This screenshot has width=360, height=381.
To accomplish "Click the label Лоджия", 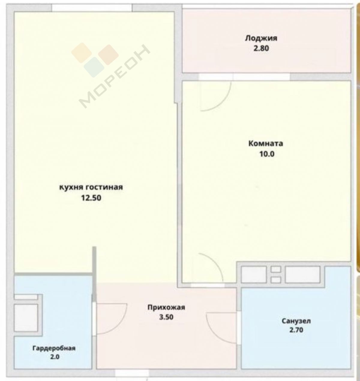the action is point(261,38).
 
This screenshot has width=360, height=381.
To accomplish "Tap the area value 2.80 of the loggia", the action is point(261,48).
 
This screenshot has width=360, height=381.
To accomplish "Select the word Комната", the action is point(266,144).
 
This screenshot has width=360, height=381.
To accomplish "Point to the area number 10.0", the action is point(267,154).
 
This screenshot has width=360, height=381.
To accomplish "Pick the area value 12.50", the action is point(91,198).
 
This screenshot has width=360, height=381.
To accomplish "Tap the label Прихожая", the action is point(166,307).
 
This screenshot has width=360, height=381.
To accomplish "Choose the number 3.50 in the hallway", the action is point(166,317).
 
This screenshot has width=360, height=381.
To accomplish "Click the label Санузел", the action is point(296,321).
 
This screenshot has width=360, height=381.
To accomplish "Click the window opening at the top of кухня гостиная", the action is point(92,8).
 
